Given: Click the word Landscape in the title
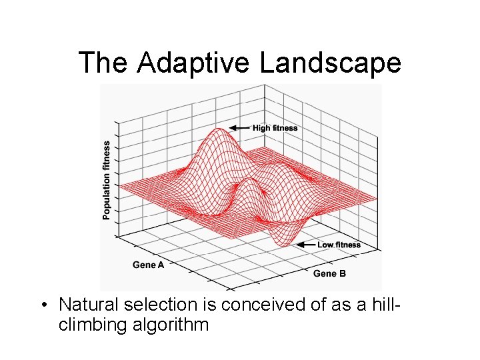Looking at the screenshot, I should click(x=330, y=63).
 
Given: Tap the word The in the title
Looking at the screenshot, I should click(x=105, y=63).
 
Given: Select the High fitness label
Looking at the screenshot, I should click(x=275, y=128).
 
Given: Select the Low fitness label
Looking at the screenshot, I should click(x=339, y=245).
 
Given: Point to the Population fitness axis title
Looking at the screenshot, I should click(x=107, y=179).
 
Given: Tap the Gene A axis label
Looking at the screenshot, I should click(x=148, y=265).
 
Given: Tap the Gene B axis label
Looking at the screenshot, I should click(x=329, y=273).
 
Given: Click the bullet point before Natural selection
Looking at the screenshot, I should click(x=43, y=305).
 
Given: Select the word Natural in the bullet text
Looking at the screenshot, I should click(x=85, y=305).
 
